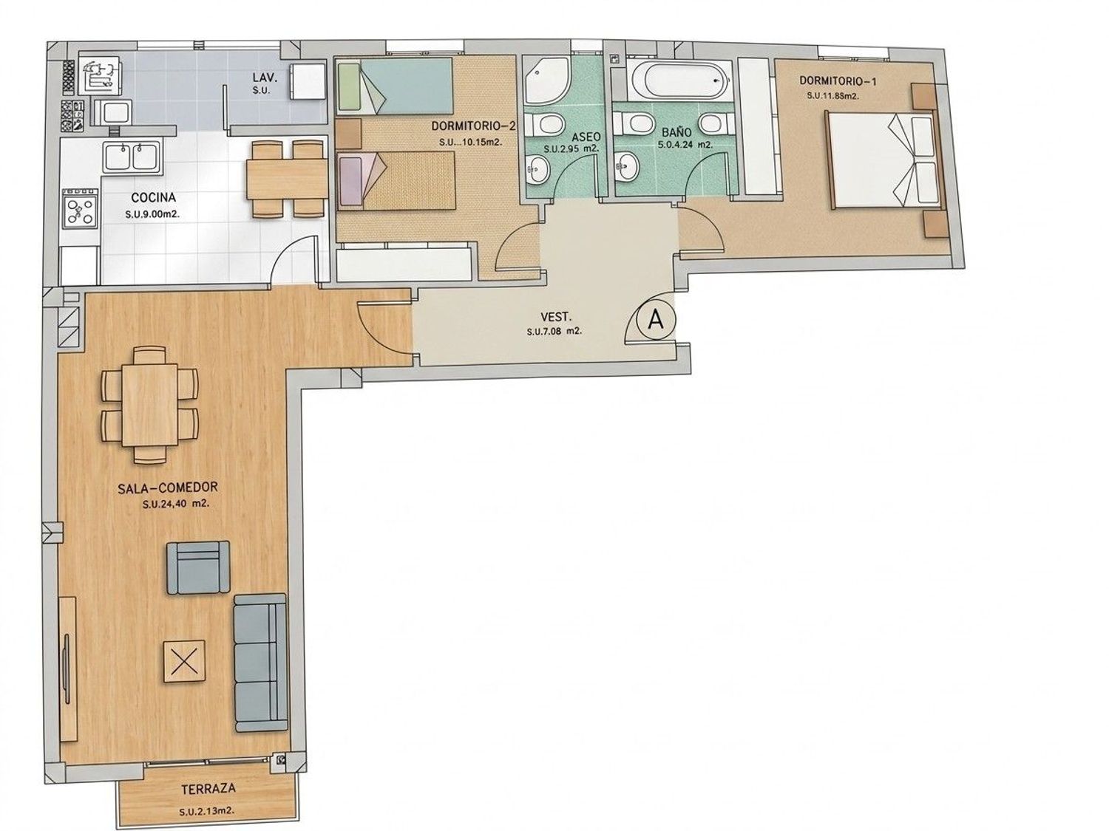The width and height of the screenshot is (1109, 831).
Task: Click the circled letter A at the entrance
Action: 655,319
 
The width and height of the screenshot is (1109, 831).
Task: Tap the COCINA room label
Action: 153,196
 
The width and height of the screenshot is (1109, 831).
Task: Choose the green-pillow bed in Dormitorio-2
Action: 395,86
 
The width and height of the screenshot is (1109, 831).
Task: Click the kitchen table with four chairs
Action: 287,179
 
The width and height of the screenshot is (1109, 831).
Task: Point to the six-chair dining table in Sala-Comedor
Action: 150,404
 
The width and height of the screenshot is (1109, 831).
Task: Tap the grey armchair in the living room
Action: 198,567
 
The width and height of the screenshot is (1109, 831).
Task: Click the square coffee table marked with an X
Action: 184,661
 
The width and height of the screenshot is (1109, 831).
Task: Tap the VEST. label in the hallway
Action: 556,318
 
